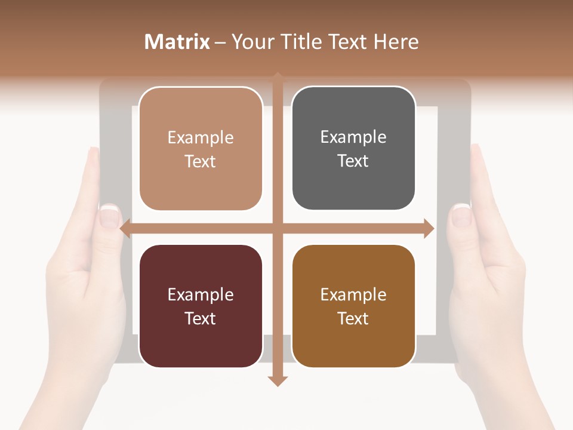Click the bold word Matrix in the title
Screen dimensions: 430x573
coord(177,42)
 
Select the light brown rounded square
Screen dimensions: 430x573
coord(201,149)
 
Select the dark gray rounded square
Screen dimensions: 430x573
coord(353,149)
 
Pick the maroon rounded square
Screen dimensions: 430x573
coord(201,306)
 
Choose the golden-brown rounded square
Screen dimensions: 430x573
coord(353,306)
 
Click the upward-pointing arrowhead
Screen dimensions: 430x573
coord(278,76)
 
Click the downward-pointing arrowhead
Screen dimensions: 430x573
coord(278,380)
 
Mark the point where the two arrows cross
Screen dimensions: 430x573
coord(278,229)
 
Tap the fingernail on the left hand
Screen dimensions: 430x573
coord(109,216)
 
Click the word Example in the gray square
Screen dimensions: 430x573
coord(353,137)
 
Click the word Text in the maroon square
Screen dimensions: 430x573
coord(201,318)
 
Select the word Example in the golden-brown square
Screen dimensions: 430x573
coord(353,294)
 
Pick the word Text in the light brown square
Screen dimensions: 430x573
coord(201,161)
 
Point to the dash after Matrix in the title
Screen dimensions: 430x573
coord(220,42)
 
